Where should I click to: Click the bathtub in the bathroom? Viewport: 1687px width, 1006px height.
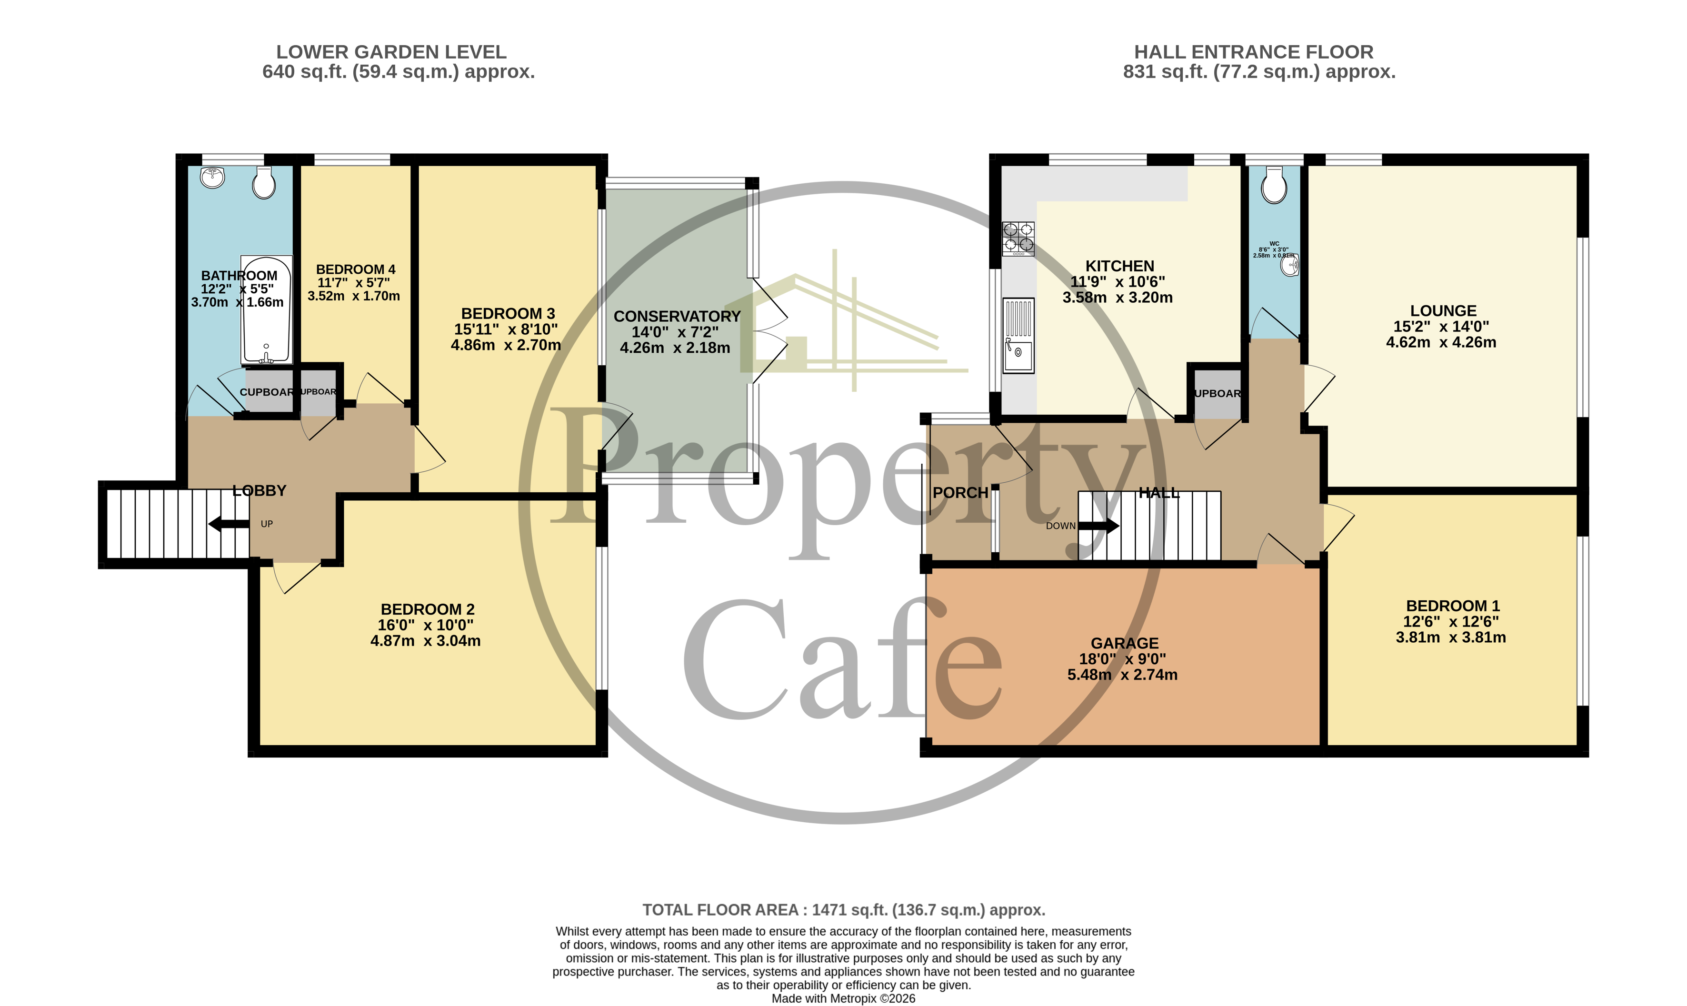tap(266, 310)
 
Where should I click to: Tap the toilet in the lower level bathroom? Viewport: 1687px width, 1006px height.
tap(264, 182)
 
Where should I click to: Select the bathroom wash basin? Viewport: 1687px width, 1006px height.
tap(213, 178)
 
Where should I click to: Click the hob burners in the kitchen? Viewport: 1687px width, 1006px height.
tap(1018, 238)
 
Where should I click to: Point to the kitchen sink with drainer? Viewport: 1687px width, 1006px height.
tap(1018, 336)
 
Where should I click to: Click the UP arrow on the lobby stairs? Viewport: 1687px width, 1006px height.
tap(229, 523)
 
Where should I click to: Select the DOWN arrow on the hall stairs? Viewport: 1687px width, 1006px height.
tap(1098, 525)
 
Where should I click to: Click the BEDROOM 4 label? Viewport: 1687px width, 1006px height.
tap(355, 269)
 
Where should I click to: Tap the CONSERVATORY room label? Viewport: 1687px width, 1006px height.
tap(677, 316)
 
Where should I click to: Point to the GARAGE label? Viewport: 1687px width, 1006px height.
tap(1125, 643)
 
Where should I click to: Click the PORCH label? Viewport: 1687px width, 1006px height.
tap(960, 493)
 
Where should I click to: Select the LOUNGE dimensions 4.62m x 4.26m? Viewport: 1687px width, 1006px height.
tap(1441, 342)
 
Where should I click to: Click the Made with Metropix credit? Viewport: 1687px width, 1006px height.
tap(843, 998)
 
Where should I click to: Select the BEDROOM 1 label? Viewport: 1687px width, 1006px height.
tap(1452, 606)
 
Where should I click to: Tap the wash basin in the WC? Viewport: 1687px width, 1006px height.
tap(1290, 265)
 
